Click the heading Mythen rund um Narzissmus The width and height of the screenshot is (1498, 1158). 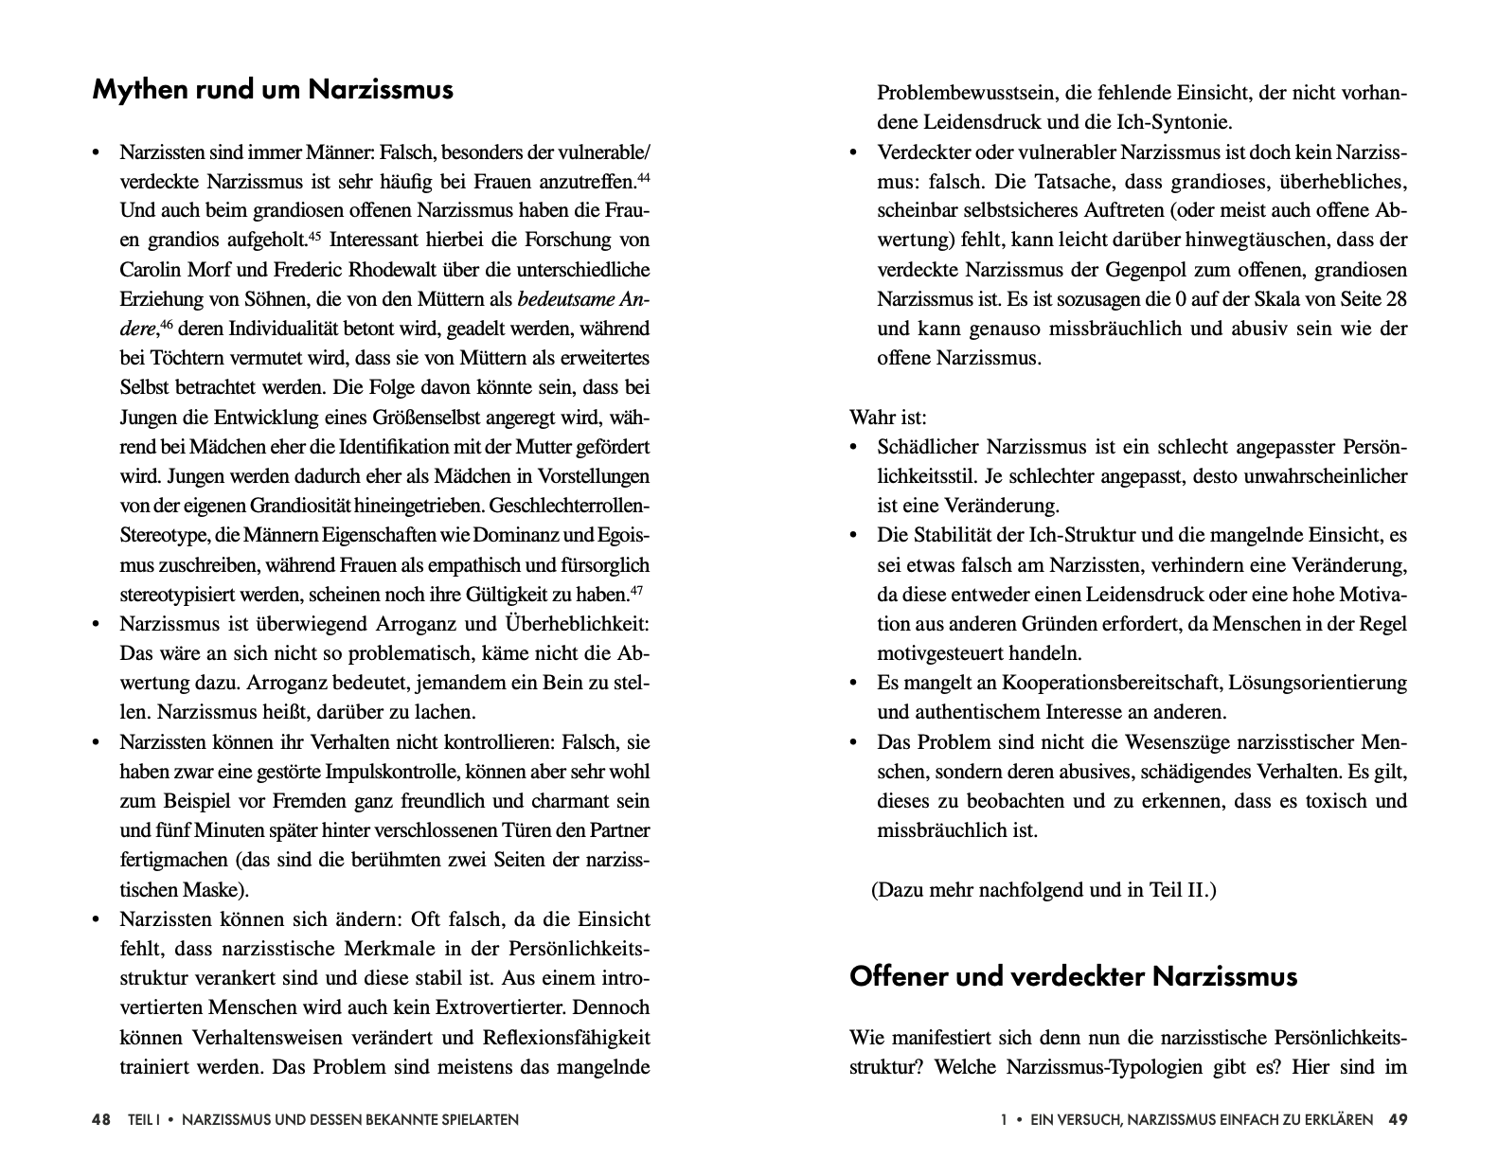273,90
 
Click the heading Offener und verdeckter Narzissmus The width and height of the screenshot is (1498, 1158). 1073,976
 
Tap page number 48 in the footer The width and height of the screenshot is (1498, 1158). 101,1119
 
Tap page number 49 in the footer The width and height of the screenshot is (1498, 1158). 1398,1119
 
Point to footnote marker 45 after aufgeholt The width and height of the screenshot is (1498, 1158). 314,235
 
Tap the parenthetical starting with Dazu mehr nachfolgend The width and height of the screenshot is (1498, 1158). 1043,890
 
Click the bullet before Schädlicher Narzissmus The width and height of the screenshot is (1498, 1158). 855,447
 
